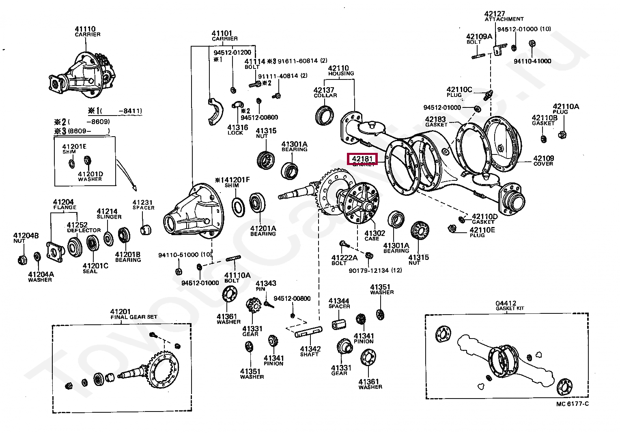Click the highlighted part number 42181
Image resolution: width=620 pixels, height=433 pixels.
362,159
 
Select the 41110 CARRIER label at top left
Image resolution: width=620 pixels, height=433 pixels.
86,31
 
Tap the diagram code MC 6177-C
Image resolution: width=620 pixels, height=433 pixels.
572,404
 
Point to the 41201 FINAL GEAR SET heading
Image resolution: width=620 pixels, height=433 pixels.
133,314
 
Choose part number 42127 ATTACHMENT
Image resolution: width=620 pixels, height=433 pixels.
503,16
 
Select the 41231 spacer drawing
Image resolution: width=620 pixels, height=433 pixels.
145,229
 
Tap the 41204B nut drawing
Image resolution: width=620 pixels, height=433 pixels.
23,259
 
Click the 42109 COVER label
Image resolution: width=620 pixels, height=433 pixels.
543,161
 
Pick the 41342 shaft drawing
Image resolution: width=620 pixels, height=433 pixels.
308,332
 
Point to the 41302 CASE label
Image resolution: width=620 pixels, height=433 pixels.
374,235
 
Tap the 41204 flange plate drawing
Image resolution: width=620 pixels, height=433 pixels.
55,251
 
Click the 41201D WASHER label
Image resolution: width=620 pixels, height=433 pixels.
90,176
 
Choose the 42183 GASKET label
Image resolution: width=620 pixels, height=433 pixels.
436,121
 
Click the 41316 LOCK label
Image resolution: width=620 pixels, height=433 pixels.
237,129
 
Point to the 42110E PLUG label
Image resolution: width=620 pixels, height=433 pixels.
482,232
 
